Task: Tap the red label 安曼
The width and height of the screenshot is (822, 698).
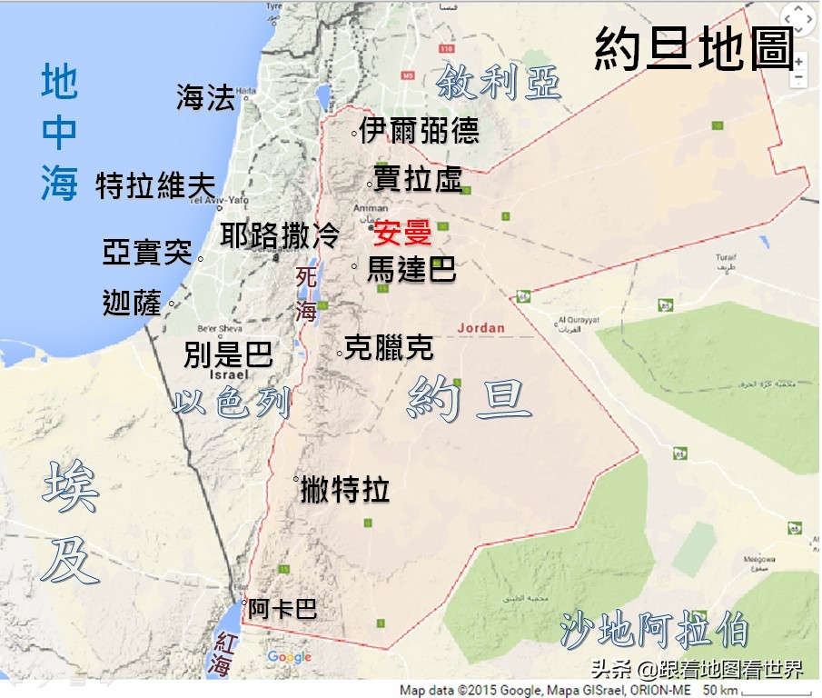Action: [402, 234]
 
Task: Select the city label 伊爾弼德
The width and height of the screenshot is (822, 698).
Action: [419, 132]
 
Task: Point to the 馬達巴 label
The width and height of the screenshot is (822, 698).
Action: [411, 269]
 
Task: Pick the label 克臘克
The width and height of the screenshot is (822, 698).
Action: [389, 347]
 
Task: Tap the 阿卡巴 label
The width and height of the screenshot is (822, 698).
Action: [282, 608]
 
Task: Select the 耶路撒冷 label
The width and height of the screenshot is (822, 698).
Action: [280, 236]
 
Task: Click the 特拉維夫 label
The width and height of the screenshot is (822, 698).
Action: [155, 186]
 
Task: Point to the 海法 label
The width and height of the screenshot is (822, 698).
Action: [205, 97]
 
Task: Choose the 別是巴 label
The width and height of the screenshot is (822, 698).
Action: [228, 354]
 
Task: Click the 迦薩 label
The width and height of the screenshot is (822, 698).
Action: [133, 304]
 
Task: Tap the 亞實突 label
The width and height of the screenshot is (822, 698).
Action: [147, 253]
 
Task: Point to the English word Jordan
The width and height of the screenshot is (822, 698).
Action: [480, 327]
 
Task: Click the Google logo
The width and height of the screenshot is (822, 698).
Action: [289, 657]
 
